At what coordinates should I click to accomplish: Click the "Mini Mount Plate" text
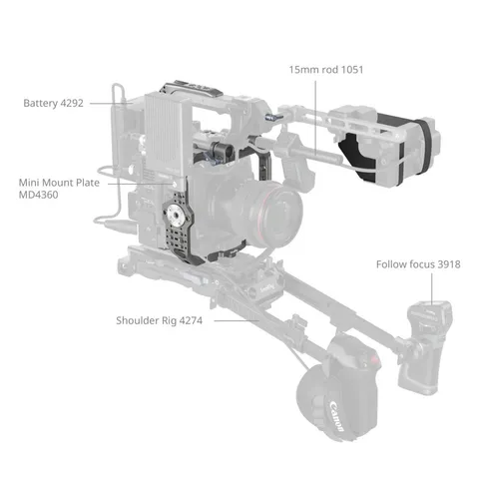59,184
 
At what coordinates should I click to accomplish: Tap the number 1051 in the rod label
350,72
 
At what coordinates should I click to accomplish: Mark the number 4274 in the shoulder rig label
200,321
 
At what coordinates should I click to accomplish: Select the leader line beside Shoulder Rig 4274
232,321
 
